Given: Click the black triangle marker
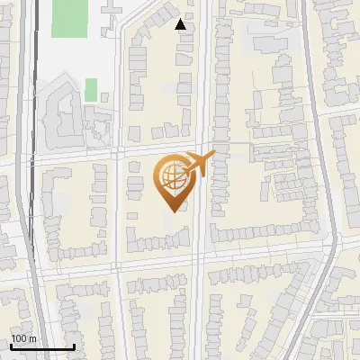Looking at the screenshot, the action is tap(182, 24).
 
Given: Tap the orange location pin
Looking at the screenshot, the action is tap(172, 180).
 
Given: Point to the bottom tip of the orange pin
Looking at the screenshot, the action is tap(172, 210).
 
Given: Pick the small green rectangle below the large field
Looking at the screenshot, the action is tap(91, 89).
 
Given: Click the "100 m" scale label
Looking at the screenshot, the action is tap(24, 338).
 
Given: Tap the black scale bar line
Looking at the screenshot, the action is tap(41, 347).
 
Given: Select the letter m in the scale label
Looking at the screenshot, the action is tap(32, 338).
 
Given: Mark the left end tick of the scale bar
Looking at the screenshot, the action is tap(10, 346).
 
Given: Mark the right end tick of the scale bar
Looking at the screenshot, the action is tap(73, 346).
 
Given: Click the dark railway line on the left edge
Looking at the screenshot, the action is tap(36, 180).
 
